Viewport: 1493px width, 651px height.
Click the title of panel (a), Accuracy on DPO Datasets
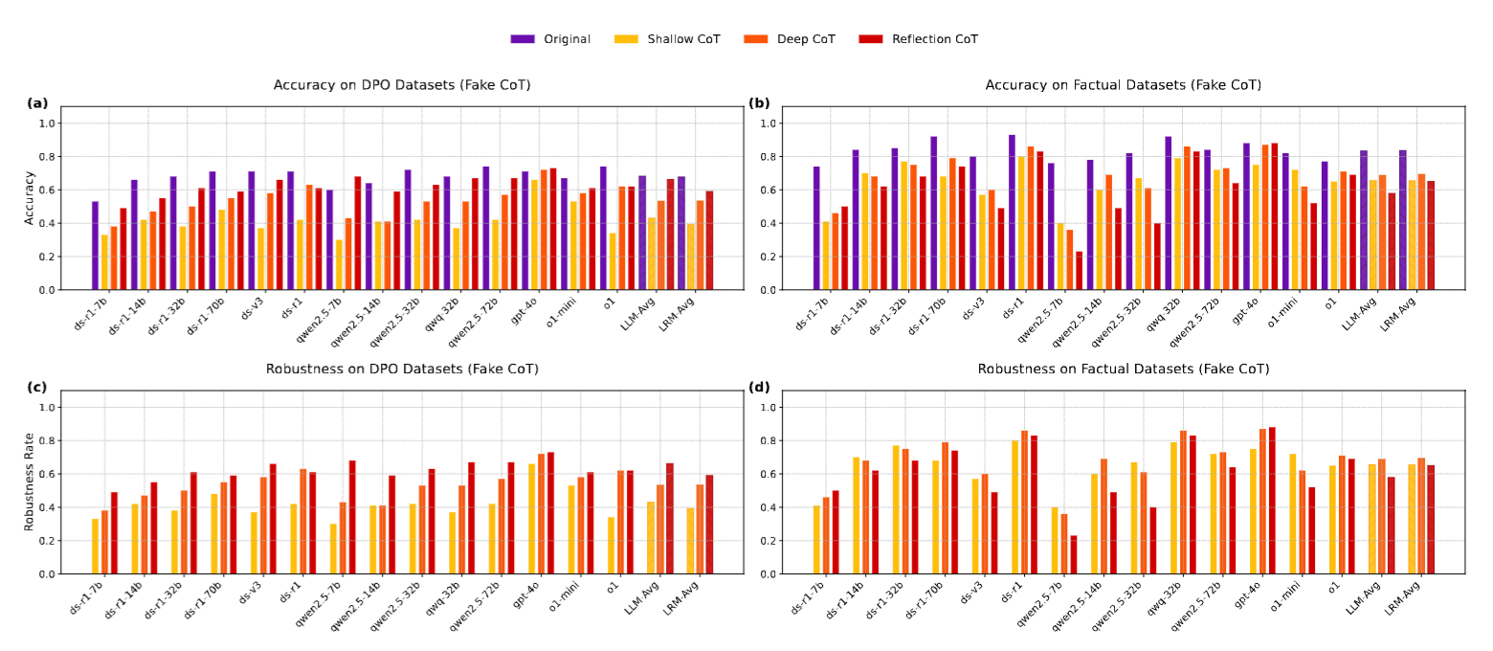coord(402,85)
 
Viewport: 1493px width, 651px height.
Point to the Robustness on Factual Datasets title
coord(1123,369)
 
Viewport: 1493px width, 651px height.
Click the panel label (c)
coord(37,388)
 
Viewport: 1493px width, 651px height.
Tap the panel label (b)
coord(759,103)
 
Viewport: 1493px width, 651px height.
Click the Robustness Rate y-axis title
coord(30,482)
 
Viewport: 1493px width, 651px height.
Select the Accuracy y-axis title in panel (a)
coord(30,198)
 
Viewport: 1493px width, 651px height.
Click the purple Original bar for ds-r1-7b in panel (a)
coord(95,246)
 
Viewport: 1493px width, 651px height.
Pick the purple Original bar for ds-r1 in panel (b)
coord(1012,213)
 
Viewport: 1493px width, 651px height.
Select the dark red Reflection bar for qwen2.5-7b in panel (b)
coord(1080,271)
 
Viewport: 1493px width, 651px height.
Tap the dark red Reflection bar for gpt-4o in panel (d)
coord(1273,501)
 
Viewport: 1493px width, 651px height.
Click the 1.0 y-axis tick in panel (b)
coord(766,123)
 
